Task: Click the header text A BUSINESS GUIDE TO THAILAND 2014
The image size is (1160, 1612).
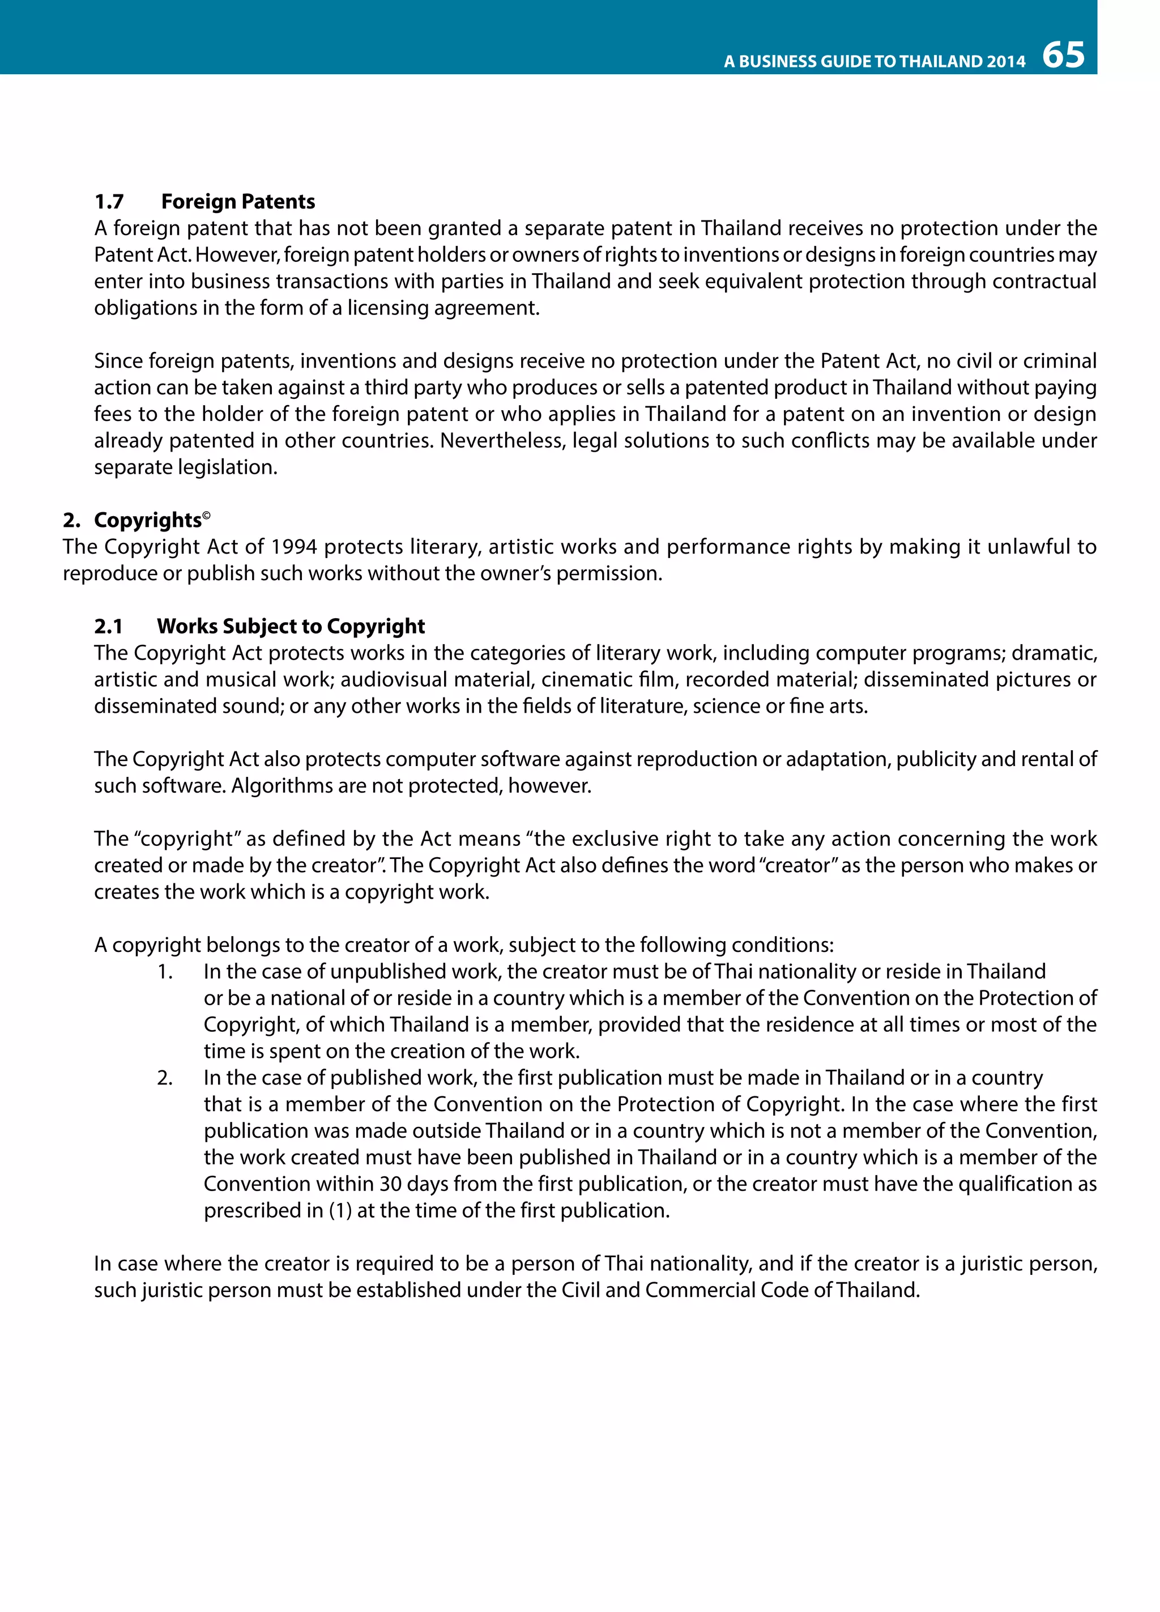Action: click(875, 62)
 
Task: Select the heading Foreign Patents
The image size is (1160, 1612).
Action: click(238, 202)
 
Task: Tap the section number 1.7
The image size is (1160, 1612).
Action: click(109, 202)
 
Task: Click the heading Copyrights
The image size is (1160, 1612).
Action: click(147, 520)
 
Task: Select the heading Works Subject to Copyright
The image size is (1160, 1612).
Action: click(291, 626)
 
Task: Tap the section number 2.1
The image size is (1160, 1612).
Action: click(109, 626)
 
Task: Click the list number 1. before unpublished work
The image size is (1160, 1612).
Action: click(165, 972)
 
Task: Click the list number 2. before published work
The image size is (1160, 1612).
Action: click(165, 1078)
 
